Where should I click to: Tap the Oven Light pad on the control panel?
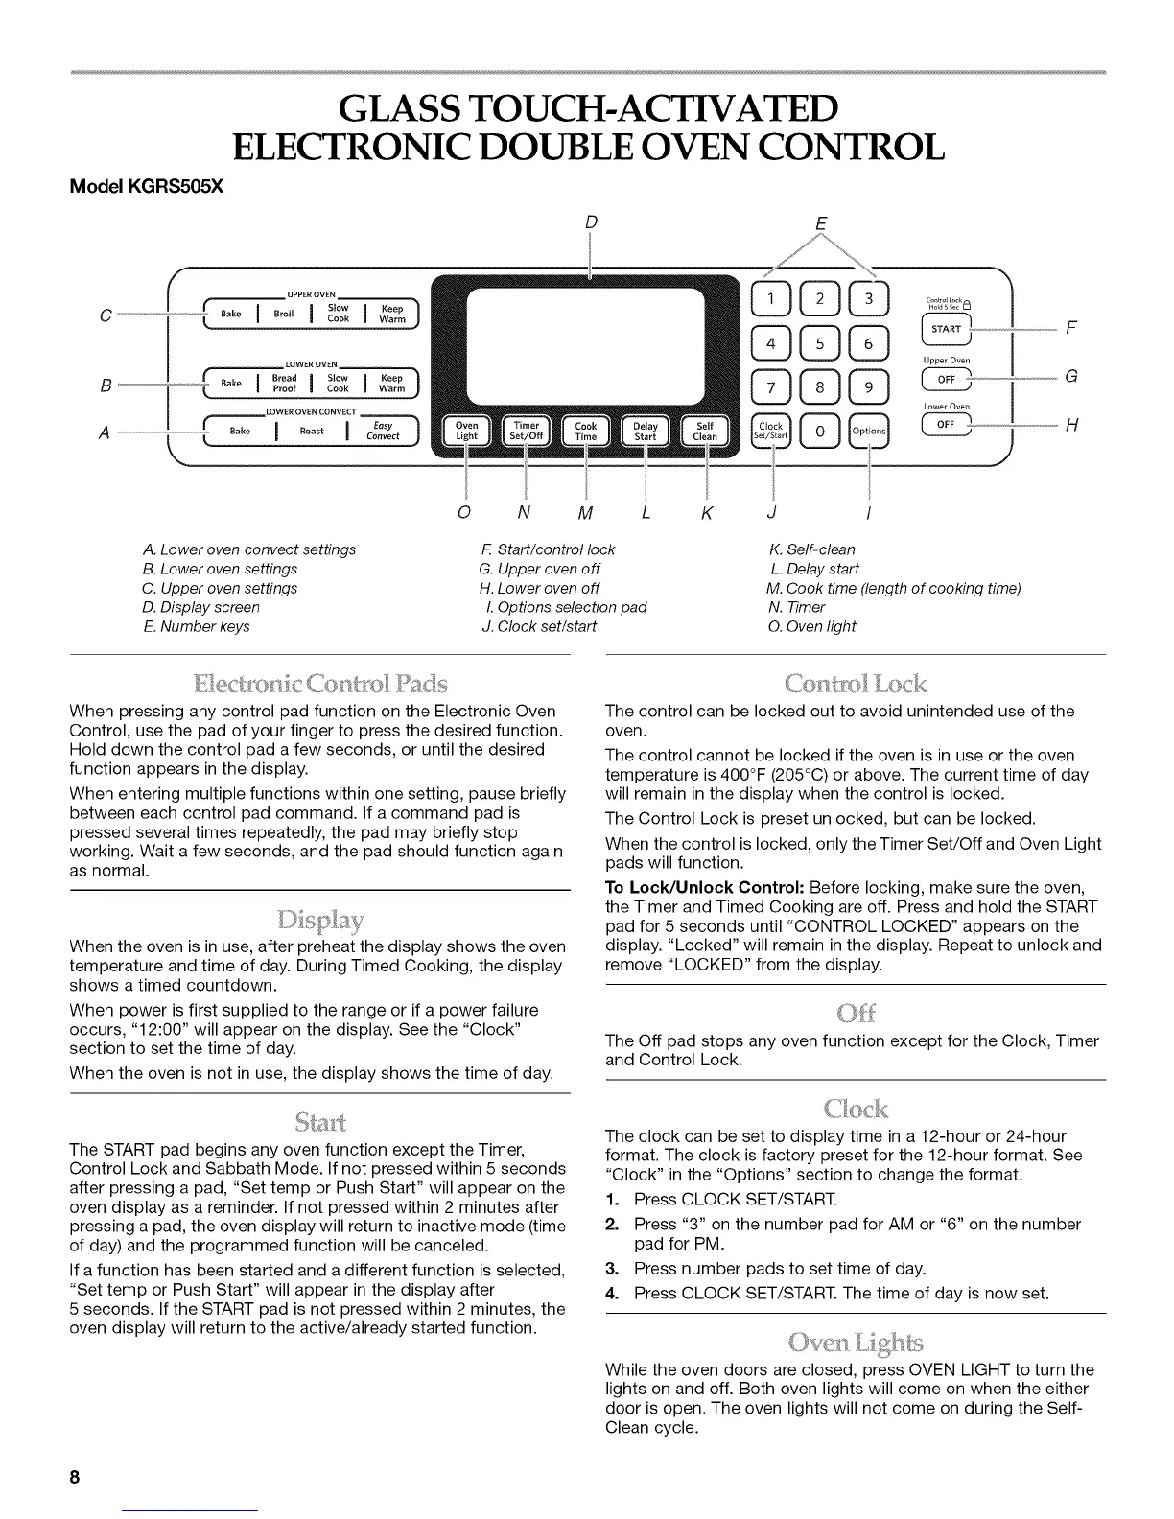pos(466,431)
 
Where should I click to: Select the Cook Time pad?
pos(585,431)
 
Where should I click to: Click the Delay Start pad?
pos(645,431)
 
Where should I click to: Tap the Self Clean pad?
pos(705,431)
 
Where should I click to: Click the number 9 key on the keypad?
pos(869,386)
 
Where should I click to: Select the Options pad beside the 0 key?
pos(869,431)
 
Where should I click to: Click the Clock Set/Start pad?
pos(771,431)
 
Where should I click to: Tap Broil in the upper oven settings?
pos(284,314)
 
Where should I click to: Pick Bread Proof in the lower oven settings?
pos(284,383)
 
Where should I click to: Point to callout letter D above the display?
pos(591,223)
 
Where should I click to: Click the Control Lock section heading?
pos(855,684)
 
